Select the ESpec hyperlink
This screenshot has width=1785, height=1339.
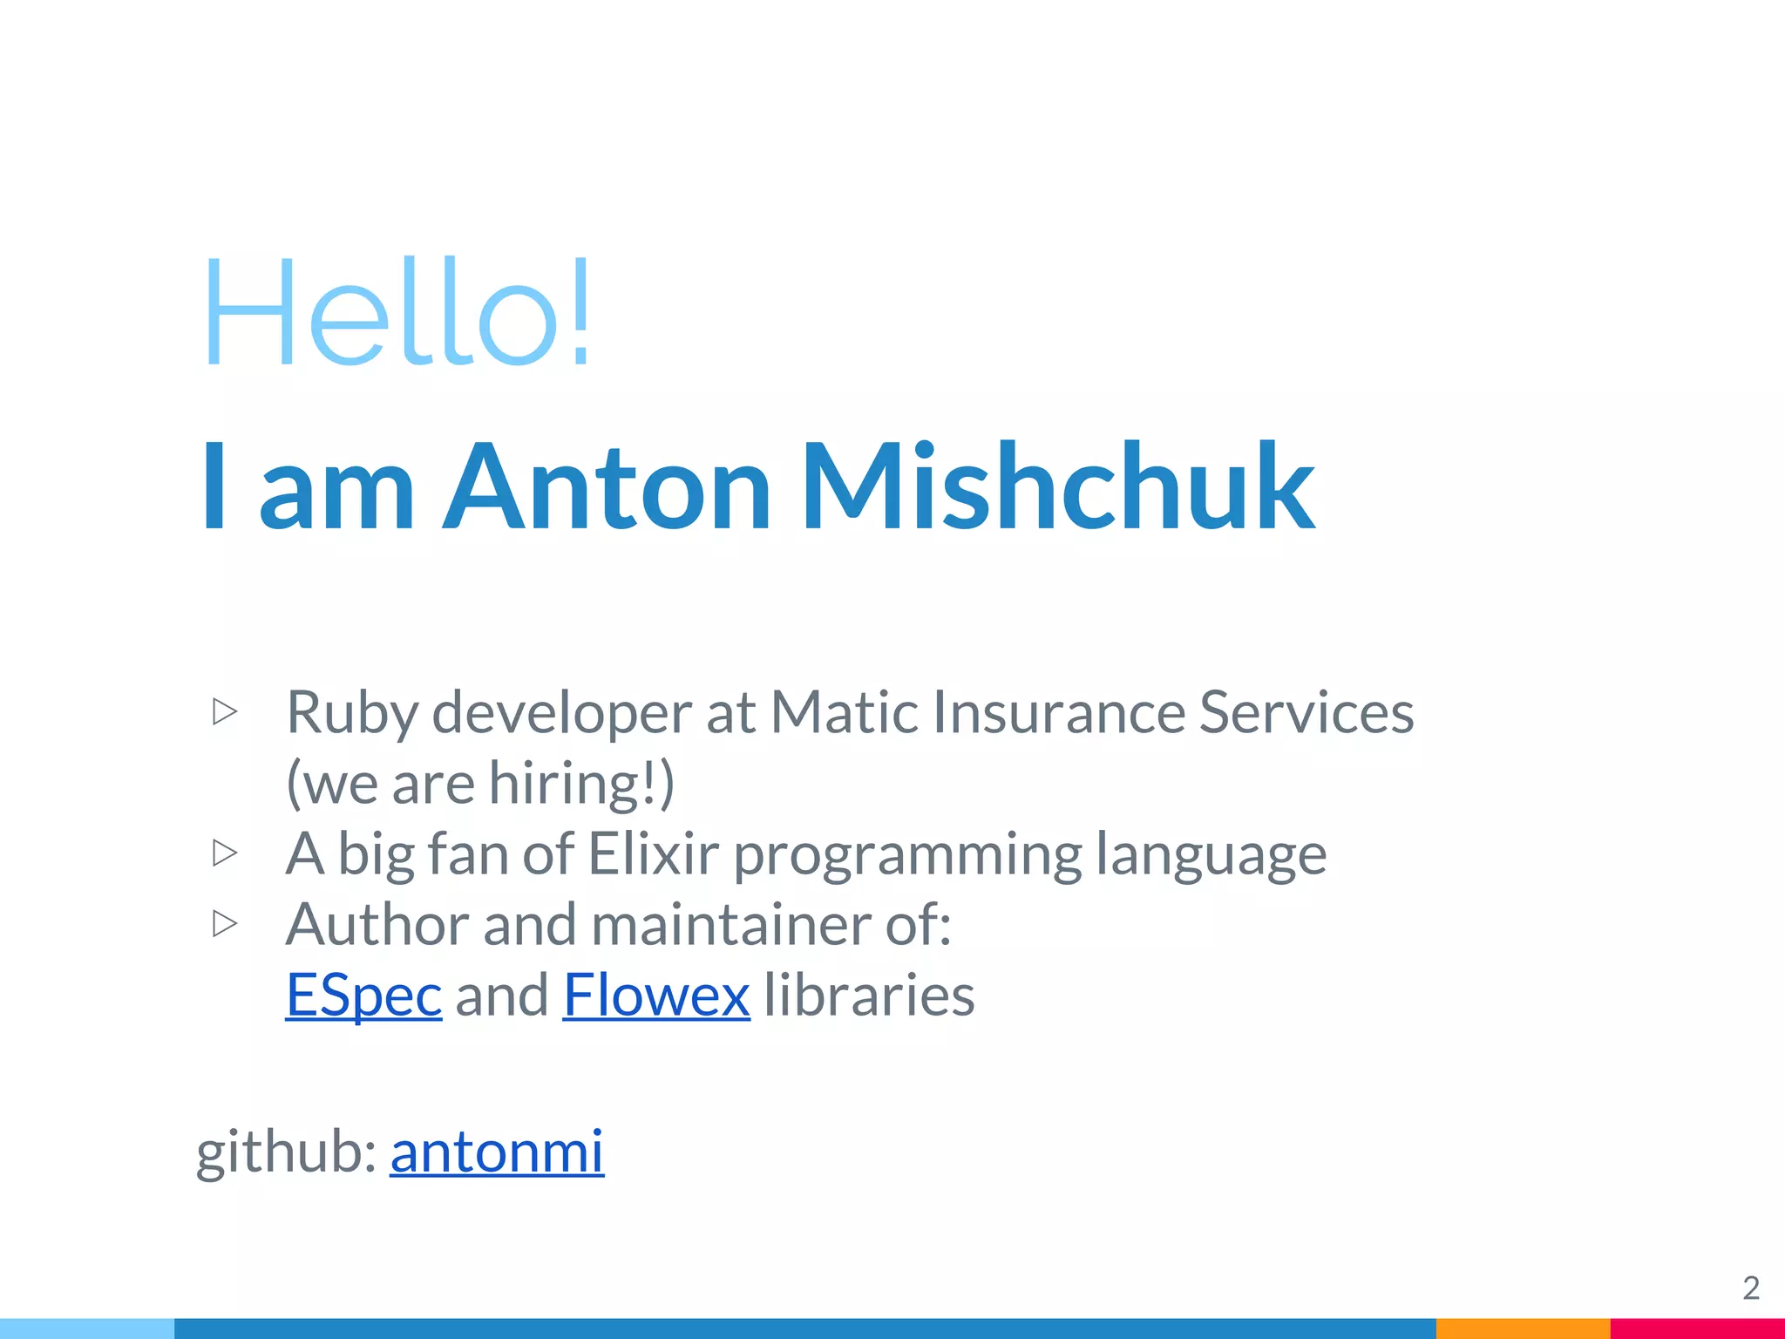[363, 995]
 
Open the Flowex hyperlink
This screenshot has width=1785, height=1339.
[656, 995]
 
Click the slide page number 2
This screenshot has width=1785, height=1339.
[1751, 1288]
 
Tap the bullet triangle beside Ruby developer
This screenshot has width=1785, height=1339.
[225, 711]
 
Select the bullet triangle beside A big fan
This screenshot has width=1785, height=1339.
[225, 853]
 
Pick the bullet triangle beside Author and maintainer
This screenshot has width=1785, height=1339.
[225, 923]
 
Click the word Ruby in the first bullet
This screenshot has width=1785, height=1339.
[352, 713]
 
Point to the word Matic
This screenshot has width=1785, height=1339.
[844, 711]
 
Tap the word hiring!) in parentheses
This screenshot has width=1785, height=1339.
[581, 783]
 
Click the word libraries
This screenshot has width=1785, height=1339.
[869, 995]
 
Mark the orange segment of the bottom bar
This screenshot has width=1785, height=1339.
[1523, 1329]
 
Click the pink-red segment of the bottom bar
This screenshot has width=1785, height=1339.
[1697, 1329]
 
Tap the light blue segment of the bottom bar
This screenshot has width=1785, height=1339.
[87, 1329]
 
